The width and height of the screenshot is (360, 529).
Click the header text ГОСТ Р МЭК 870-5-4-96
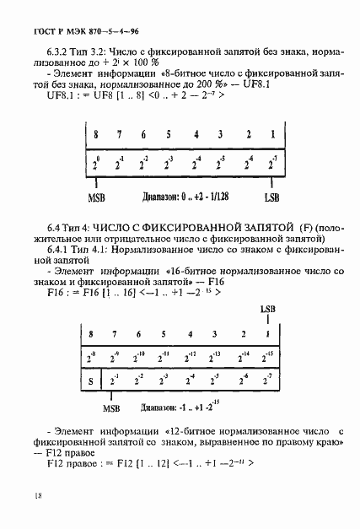[x=73, y=31]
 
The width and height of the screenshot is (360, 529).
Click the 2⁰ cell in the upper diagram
[x=96, y=160]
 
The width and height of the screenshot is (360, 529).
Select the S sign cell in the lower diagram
[x=91, y=379]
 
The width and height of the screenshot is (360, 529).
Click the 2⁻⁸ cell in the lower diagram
[x=94, y=355]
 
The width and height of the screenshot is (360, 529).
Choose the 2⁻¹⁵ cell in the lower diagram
[x=266, y=355]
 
